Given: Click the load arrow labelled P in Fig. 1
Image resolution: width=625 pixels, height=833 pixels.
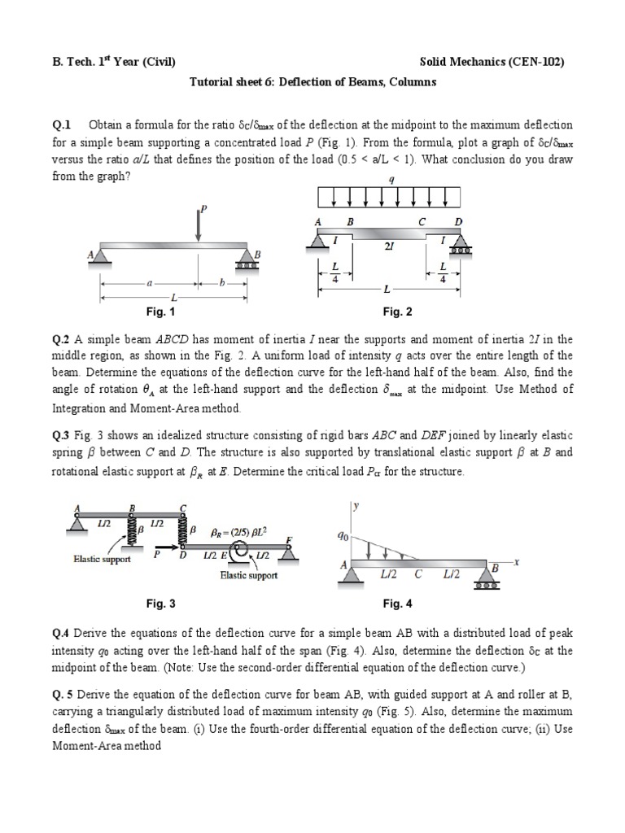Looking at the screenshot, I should coord(198,224).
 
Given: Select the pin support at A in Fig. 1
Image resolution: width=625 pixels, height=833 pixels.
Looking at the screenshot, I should coord(103,256).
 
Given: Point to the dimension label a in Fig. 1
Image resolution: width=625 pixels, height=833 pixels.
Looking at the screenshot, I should coord(149,285).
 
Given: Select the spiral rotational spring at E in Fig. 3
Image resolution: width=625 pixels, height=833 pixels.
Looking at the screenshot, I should coord(240,556).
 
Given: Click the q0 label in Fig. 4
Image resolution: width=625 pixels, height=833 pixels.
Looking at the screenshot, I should coord(342,537).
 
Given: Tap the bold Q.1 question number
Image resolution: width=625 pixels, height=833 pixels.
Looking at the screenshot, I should coord(62,124).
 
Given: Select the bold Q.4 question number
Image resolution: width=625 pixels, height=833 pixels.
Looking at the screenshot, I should coord(62,635).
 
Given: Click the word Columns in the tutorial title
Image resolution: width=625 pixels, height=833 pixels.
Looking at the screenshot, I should coord(413,82).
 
